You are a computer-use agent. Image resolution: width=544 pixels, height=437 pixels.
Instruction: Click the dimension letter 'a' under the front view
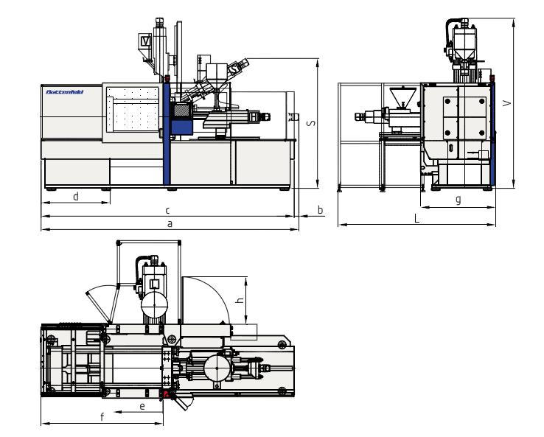pyautogui.click(x=170, y=223)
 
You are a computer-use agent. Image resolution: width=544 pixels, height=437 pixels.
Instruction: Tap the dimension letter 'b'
pyautogui.click(x=319, y=210)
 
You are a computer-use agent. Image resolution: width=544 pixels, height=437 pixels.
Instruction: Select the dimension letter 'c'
pyautogui.click(x=168, y=210)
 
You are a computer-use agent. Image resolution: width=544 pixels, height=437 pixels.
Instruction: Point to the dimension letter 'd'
pyautogui.click(x=76, y=196)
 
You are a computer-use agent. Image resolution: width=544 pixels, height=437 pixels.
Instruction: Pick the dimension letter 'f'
pyautogui.click(x=101, y=417)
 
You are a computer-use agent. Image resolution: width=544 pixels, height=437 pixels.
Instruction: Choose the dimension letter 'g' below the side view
pyautogui.click(x=458, y=200)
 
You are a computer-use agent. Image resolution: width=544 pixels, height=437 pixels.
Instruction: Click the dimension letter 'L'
pyautogui.click(x=416, y=219)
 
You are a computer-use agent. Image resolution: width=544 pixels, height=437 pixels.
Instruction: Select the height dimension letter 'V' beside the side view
pyautogui.click(x=506, y=104)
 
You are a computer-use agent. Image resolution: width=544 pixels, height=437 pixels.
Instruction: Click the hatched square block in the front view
pyautogui.click(x=180, y=109)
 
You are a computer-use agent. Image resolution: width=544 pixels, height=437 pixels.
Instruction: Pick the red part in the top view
pyautogui.click(x=165, y=394)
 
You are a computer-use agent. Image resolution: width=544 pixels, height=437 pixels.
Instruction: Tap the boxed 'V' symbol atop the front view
pyautogui.click(x=146, y=42)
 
